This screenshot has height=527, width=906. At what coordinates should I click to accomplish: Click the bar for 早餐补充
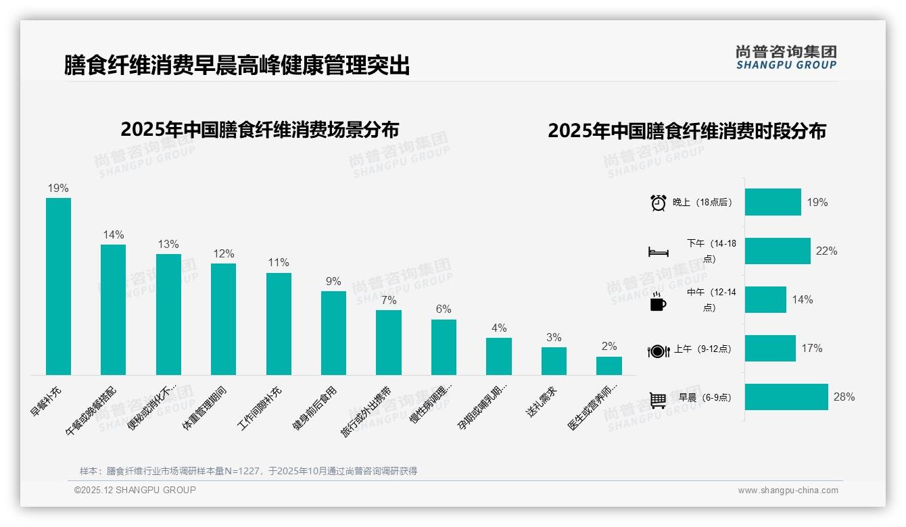58,286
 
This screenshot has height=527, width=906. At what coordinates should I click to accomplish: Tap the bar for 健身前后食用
333,333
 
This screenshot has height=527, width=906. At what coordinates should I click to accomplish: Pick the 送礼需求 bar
554,361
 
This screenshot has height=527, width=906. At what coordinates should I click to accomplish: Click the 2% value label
609,346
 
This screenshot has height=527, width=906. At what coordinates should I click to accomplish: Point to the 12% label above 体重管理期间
223,253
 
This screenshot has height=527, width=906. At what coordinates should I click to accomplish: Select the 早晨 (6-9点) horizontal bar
786,397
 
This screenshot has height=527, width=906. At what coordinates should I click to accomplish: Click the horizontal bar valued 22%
778,251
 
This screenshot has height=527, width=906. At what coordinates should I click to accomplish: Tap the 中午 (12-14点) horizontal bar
765,300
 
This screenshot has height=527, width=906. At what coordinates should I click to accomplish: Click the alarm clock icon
658,203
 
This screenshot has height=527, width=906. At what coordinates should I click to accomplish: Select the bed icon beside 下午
658,252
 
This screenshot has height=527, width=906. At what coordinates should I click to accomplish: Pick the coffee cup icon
658,302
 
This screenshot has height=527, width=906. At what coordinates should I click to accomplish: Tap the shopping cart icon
658,399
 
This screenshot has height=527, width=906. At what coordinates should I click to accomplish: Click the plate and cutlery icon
658,351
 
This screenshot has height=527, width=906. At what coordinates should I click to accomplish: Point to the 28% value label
844,397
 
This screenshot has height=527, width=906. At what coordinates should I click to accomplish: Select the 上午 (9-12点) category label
702,349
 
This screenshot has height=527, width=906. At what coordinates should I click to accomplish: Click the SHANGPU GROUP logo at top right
786,57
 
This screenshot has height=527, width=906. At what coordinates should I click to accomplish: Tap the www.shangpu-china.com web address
788,491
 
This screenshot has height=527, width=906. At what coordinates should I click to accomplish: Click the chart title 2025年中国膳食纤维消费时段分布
687,130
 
